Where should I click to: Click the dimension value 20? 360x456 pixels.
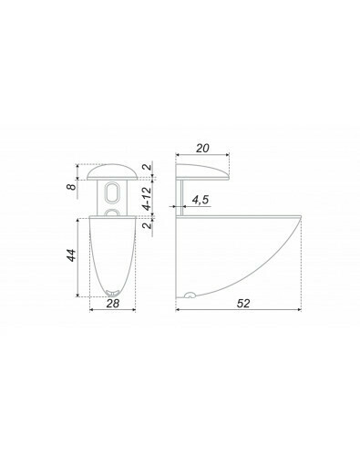(202, 149)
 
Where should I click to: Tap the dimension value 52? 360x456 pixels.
(243, 303)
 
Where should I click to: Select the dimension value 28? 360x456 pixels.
(113, 303)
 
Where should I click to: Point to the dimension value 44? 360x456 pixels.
(71, 255)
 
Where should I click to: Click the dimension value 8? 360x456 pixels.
(72, 186)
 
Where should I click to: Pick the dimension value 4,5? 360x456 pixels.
(201, 200)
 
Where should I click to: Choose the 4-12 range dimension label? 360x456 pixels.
(147, 198)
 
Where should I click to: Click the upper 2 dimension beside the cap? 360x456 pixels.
(147, 167)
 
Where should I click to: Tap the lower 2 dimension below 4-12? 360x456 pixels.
(147, 225)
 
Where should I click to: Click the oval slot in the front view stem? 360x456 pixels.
(112, 192)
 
